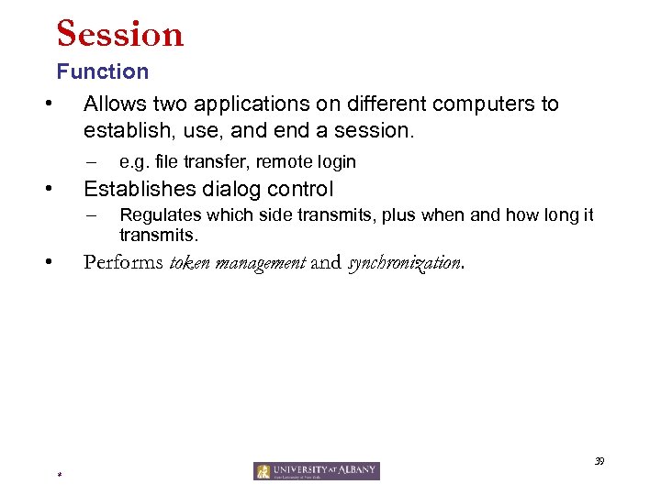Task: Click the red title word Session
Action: [120, 35]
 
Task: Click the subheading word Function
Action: [102, 71]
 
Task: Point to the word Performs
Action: [122, 262]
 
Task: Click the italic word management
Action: [260, 263]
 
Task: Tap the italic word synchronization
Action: [403, 263]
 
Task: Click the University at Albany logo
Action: [317, 471]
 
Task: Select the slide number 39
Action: [599, 461]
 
